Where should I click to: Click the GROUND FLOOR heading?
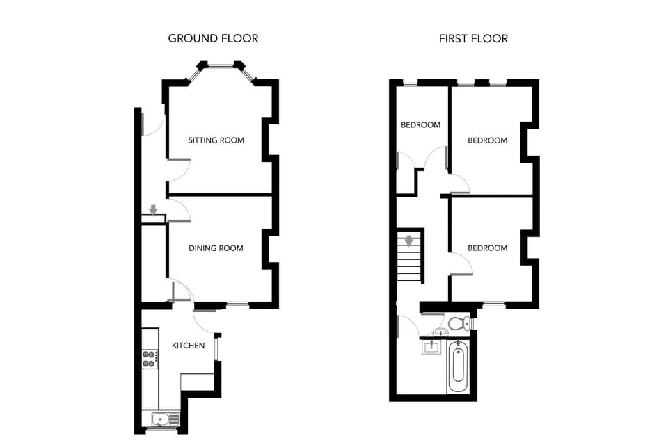(x=213, y=38)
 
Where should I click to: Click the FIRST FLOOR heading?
(x=473, y=38)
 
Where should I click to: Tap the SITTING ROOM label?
(x=216, y=140)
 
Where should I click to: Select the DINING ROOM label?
(x=216, y=248)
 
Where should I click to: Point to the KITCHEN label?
(x=189, y=346)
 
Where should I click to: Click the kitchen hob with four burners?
(x=150, y=358)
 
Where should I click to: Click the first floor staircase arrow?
(x=410, y=242)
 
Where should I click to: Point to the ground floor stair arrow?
(x=153, y=210)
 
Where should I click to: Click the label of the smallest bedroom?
(x=420, y=125)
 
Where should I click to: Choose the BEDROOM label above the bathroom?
(x=487, y=248)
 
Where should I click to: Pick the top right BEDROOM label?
(x=487, y=140)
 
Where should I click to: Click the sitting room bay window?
(x=222, y=67)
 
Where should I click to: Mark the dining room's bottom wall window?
(x=237, y=304)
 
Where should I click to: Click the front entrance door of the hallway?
(x=150, y=124)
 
